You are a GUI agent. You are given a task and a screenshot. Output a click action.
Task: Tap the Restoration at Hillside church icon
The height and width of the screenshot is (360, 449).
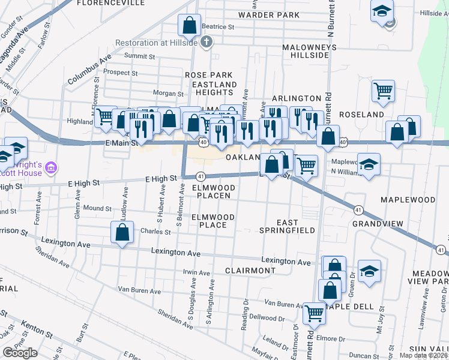click(206, 42)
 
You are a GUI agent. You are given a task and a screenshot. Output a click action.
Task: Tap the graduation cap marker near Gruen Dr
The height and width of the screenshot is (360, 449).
click(369, 271)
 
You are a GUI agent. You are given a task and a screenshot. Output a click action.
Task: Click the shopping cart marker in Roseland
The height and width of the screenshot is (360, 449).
click(383, 91)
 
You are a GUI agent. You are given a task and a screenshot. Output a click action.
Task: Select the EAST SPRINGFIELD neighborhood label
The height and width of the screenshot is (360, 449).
click(288, 226)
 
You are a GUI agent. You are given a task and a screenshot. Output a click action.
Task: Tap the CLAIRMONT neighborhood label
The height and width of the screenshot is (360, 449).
click(250, 271)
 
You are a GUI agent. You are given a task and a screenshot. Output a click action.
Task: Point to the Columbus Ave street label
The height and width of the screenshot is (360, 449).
click(90, 71)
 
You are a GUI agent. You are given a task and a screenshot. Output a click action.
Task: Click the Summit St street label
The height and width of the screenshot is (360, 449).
click(142, 57)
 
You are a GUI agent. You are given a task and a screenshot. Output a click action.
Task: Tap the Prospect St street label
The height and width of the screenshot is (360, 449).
click(121, 73)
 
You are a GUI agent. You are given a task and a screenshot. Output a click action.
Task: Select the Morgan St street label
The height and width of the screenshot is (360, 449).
click(167, 94)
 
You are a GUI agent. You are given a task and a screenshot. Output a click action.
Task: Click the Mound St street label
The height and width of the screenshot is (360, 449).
click(97, 208)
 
